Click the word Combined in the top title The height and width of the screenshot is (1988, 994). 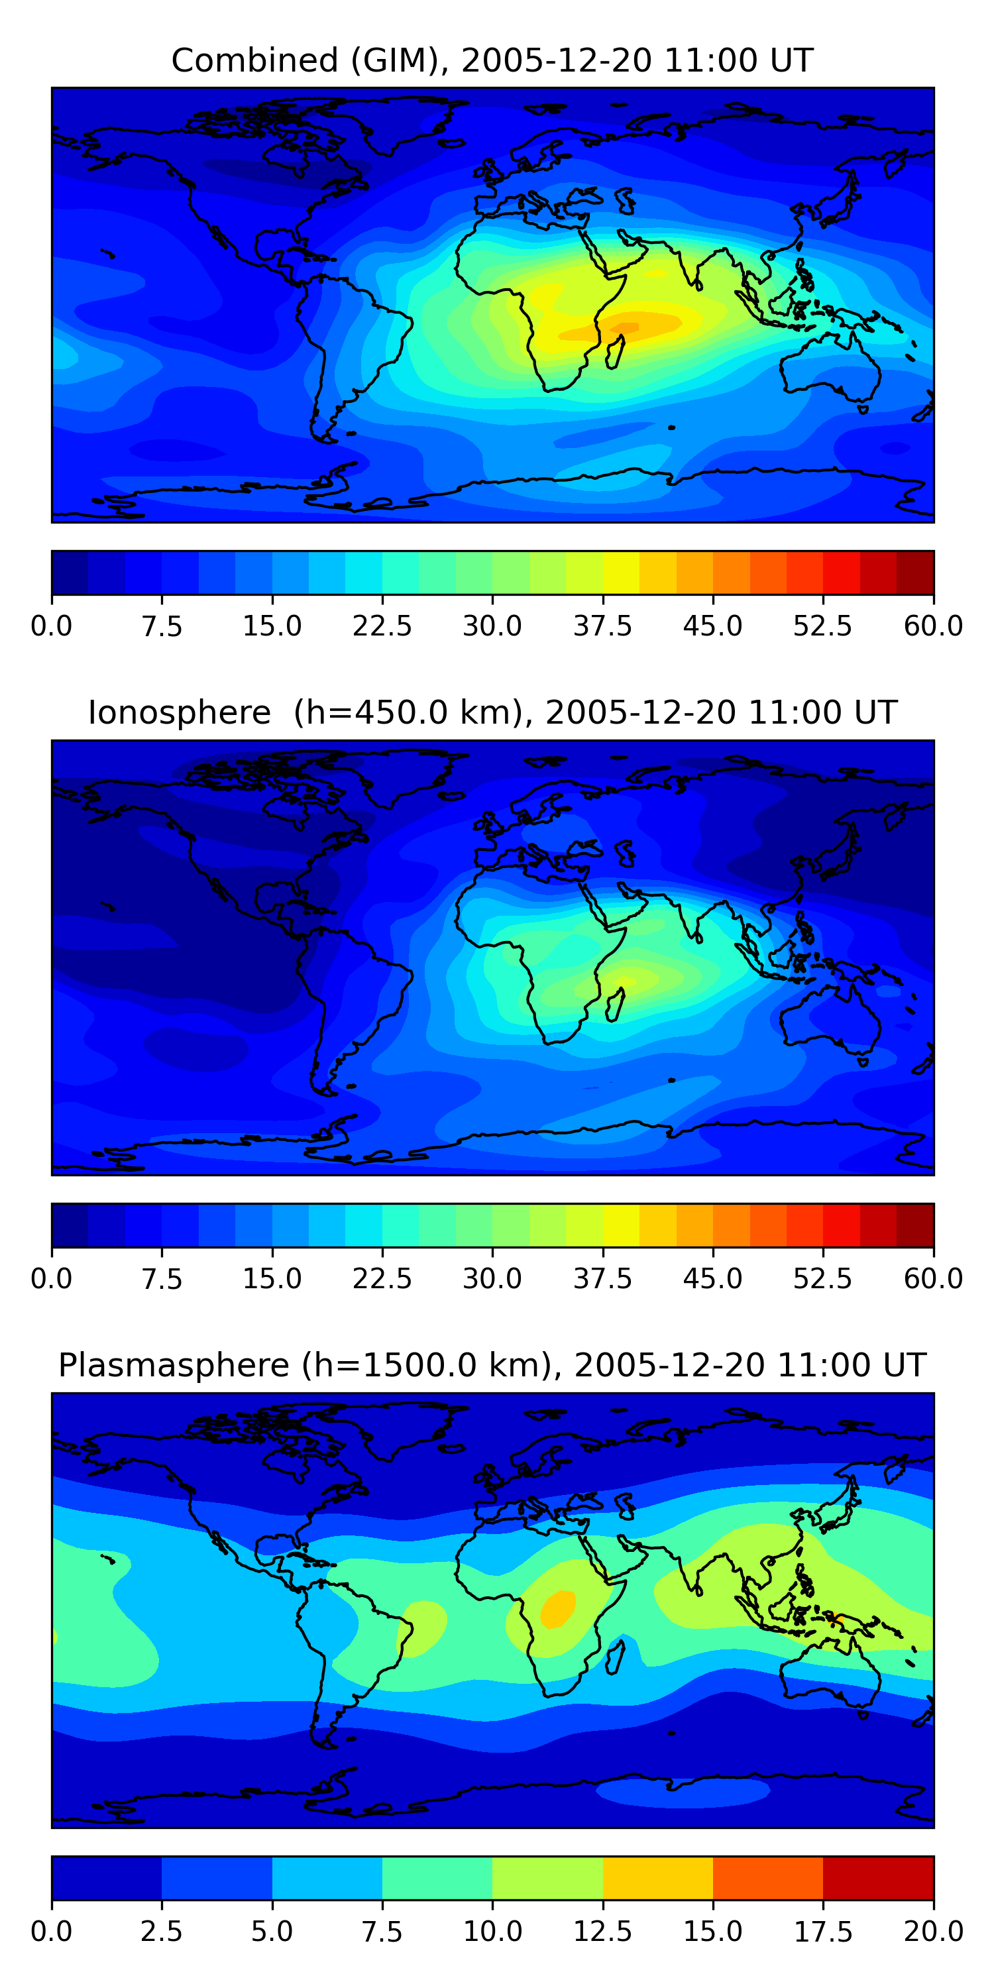(x=254, y=60)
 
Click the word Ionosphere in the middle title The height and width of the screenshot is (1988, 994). (x=180, y=712)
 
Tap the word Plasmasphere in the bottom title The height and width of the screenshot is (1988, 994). (x=174, y=1366)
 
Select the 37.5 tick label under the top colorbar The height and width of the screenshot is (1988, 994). (x=603, y=625)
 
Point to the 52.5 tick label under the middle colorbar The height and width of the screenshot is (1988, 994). (x=822, y=1278)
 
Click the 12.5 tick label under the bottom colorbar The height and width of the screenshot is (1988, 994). (x=603, y=1931)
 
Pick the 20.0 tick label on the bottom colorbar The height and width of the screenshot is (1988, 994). (x=934, y=1931)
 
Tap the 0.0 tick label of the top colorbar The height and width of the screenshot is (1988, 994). (x=52, y=625)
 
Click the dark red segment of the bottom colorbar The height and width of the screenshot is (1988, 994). (x=878, y=1877)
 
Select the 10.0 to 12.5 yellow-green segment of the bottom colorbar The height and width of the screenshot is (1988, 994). (x=547, y=1877)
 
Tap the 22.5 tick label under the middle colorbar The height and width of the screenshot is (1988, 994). (x=382, y=1278)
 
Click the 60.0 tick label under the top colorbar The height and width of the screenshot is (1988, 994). (x=934, y=625)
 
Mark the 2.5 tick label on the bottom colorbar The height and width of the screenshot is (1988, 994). (x=161, y=1931)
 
